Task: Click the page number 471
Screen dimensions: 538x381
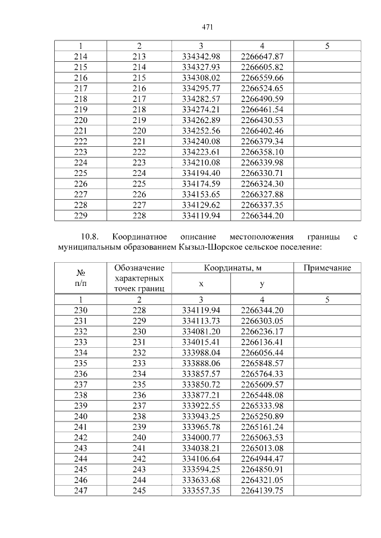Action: pyautogui.click(x=208, y=27)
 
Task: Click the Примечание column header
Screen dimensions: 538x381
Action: pyautogui.click(x=327, y=268)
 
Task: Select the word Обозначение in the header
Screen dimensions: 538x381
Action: pyautogui.click(x=139, y=268)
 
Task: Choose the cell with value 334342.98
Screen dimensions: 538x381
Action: pyautogui.click(x=201, y=56)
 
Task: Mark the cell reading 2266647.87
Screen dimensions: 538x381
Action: pyautogui.click(x=262, y=56)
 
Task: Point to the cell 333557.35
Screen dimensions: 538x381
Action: pyautogui.click(x=201, y=490)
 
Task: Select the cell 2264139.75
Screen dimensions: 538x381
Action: pyautogui.click(x=262, y=490)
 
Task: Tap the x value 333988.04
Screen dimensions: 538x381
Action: pyautogui.click(x=201, y=353)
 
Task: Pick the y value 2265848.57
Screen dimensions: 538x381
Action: pyautogui.click(x=262, y=363)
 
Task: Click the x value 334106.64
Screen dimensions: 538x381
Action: pyautogui.click(x=201, y=458)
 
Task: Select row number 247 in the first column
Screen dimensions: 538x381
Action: pyautogui.click(x=80, y=490)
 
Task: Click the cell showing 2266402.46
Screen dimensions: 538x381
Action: pyautogui.click(x=262, y=130)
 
